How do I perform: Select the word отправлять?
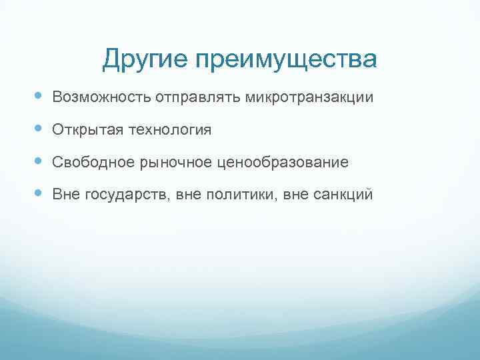(199, 98)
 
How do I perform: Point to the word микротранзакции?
(309, 97)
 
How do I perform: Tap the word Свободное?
(89, 162)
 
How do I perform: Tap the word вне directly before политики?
(189, 195)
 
